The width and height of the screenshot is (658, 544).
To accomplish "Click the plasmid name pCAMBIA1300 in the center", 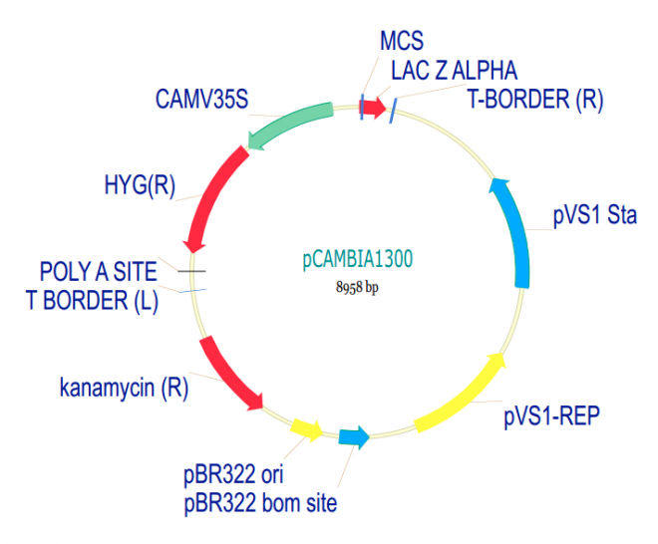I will click(x=357, y=260).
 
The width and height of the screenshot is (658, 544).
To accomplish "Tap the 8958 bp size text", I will click(x=357, y=287).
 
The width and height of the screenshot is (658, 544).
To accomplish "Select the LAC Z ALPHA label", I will click(x=454, y=71).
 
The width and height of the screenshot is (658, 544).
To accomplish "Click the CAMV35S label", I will click(x=201, y=100).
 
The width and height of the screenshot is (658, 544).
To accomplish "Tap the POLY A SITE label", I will click(x=98, y=271).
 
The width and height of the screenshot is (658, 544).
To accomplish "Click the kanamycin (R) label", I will click(x=123, y=387).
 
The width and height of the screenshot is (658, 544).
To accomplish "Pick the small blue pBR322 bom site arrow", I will click(x=354, y=436).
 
